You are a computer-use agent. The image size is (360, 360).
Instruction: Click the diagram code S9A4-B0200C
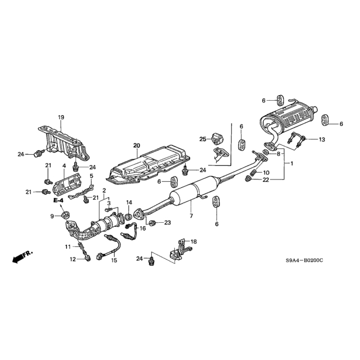tap(304, 260)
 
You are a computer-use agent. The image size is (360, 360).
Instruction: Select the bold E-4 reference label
tap(58, 200)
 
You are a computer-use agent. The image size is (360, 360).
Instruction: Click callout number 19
tap(61, 118)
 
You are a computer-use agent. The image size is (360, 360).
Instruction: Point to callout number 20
tap(137, 145)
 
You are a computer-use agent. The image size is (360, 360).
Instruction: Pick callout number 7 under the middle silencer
tap(191, 216)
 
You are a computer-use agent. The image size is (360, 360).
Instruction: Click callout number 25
tap(202, 139)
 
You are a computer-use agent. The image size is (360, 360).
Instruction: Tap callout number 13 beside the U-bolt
tap(322, 139)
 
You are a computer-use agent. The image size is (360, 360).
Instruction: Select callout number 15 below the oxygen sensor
tap(114, 260)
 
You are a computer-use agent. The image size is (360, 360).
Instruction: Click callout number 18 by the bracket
tap(193, 241)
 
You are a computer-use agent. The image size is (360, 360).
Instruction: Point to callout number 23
tap(168, 223)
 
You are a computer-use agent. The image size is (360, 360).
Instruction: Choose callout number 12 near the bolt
tap(73, 259)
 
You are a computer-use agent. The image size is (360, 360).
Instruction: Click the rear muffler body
tap(287, 120)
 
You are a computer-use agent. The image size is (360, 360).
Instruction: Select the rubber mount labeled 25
tap(217, 139)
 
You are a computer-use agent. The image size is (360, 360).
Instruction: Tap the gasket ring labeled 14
tap(128, 217)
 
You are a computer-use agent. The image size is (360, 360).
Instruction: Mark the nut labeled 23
tap(152, 223)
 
